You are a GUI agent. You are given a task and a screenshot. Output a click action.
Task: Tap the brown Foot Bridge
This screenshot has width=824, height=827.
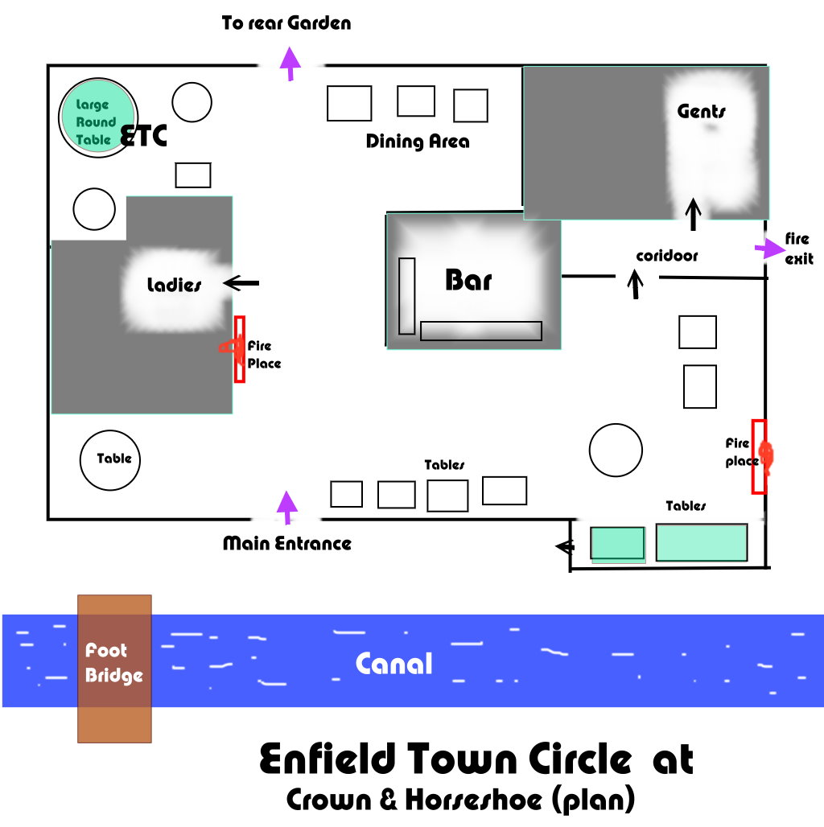pyautogui.click(x=114, y=668)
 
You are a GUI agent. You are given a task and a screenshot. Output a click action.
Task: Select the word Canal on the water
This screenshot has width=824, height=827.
pyautogui.click(x=393, y=664)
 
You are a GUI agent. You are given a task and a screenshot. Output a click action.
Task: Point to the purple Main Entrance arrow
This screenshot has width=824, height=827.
pyautogui.click(x=286, y=507)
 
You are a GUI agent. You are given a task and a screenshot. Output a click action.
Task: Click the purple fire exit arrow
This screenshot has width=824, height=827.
pyautogui.click(x=765, y=249)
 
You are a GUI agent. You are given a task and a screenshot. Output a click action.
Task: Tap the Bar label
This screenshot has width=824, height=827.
pyautogui.click(x=468, y=280)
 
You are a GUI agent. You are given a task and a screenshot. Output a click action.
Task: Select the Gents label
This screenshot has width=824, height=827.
pyautogui.click(x=702, y=111)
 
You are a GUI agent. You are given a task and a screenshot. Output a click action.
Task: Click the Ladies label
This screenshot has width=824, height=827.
pyautogui.click(x=174, y=285)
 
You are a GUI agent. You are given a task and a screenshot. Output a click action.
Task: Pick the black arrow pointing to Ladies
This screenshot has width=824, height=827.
pyautogui.click(x=241, y=282)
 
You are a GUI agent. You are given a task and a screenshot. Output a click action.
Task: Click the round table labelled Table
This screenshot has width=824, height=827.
pyautogui.click(x=111, y=459)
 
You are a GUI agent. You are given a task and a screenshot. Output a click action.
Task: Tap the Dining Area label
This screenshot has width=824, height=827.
pyautogui.click(x=418, y=142)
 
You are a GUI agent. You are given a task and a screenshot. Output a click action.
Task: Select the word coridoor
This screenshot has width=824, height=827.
pyautogui.click(x=666, y=256)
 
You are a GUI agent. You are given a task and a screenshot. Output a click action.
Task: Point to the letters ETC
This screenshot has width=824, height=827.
pyautogui.click(x=143, y=137)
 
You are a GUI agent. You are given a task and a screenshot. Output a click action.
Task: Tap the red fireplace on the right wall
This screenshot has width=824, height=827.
pyautogui.click(x=759, y=456)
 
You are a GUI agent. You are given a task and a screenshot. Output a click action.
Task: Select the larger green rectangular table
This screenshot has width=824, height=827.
pyautogui.click(x=702, y=542)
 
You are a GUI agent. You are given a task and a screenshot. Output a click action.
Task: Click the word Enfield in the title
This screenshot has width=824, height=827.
pyautogui.click(x=328, y=759)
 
